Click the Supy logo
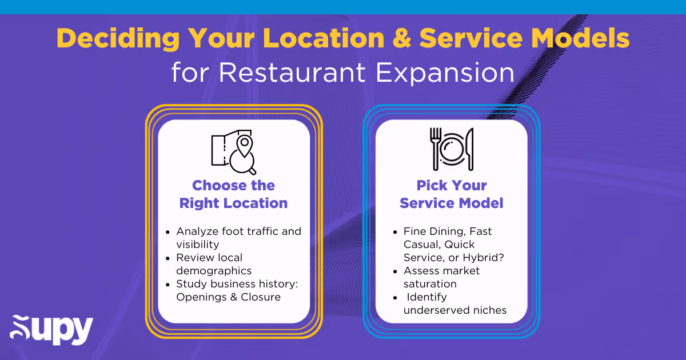click(51, 330)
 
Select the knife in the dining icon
click(469, 149)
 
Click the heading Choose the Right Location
click(233, 194)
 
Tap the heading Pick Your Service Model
click(451, 194)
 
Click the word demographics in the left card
click(214, 271)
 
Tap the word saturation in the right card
click(430, 284)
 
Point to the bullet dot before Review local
click(167, 258)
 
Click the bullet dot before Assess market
click(395, 271)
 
